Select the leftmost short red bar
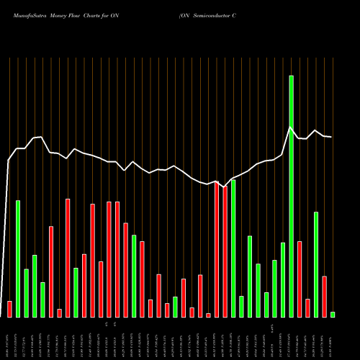[9, 309]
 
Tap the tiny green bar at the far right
[333, 314]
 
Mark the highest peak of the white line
[291, 127]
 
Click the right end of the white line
[331, 137]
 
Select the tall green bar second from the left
[18, 258]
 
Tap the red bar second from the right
[324, 296]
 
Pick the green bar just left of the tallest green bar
[283, 279]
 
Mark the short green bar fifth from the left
[42, 300]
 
